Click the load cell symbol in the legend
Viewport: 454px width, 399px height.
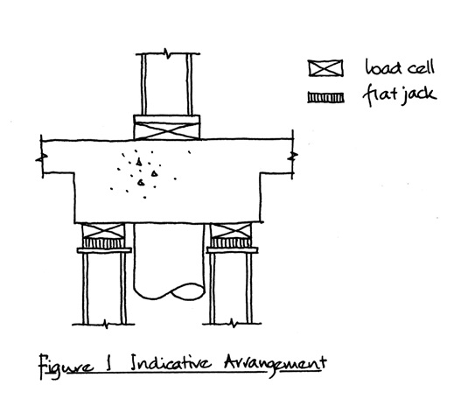[x=325, y=68]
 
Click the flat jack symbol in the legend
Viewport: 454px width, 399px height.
[x=325, y=98]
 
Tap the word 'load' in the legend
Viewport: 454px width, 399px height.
[x=383, y=67]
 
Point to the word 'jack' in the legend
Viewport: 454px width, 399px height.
[x=419, y=94]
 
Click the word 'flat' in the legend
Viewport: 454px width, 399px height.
[x=379, y=94]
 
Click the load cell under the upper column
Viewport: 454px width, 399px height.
[x=167, y=130]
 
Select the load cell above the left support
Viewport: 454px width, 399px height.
[x=103, y=231]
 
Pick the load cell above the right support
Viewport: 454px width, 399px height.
[x=231, y=231]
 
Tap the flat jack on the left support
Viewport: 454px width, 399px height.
[x=103, y=243]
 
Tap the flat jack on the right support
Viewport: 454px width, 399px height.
[x=231, y=243]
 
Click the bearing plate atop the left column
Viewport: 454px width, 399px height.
[x=104, y=250]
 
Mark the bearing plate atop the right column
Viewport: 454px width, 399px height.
[x=232, y=250]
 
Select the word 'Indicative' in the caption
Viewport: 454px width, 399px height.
[x=171, y=362]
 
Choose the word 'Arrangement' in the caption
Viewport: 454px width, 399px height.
[x=275, y=364]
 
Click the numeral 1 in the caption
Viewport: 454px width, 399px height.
[x=109, y=363]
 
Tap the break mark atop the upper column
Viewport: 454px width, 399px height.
[x=168, y=53]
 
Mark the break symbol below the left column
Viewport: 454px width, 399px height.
[x=106, y=324]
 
